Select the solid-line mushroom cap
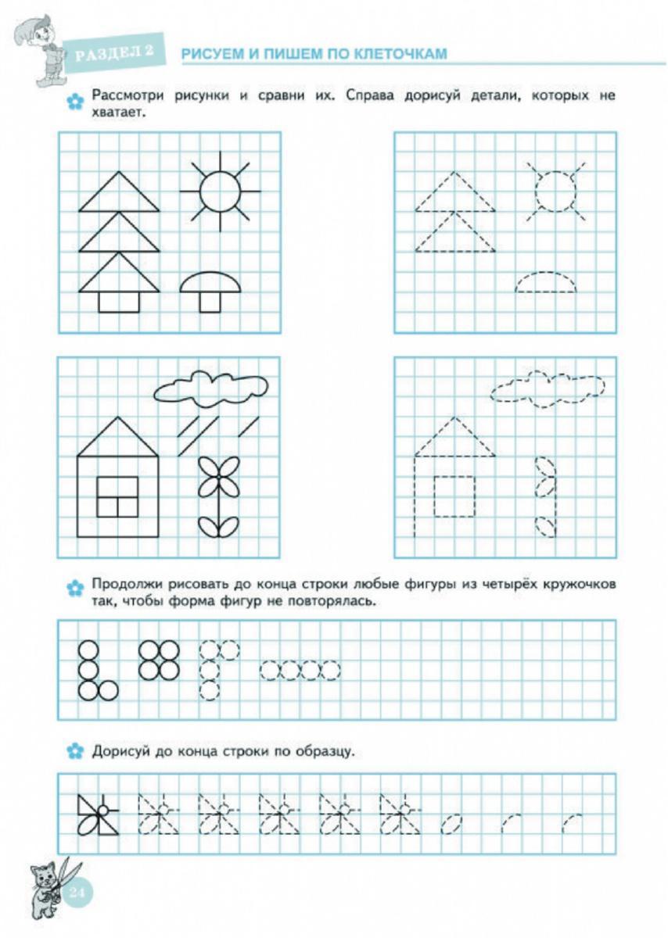coord(209,283)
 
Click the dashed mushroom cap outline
coord(546,282)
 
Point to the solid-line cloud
coord(211,387)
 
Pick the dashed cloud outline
coord(548,388)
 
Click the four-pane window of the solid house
coord(117,496)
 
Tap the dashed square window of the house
coord(454,496)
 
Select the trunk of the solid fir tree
coord(119,302)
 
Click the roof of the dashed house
coord(454,439)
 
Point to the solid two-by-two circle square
coord(159,660)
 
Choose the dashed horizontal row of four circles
coord(300,670)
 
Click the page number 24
coord(78,893)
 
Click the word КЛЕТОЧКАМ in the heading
coord(400,54)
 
